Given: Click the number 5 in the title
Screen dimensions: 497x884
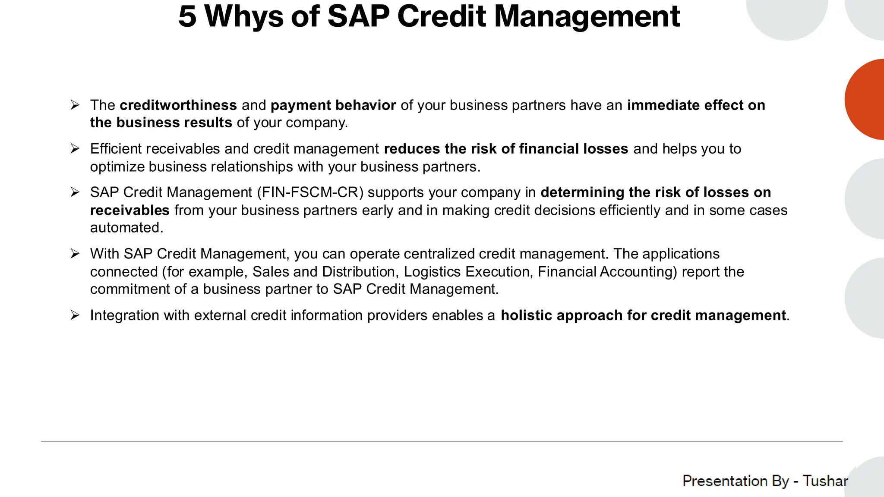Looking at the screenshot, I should tap(187, 17).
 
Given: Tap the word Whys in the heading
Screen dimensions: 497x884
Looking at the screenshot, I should tap(243, 17).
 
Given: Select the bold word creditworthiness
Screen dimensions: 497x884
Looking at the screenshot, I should tap(178, 105).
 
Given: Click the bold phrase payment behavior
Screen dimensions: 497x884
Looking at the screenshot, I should tap(333, 105).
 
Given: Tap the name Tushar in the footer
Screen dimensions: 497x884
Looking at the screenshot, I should tap(825, 481).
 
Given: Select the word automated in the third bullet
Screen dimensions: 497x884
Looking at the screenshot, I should tap(126, 228).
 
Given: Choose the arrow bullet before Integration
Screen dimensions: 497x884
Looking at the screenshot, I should tap(75, 315).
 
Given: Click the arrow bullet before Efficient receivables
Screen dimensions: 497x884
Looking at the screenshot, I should tap(75, 149).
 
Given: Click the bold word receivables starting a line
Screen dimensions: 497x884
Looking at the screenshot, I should tap(129, 211).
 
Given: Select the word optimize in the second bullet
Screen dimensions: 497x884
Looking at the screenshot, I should tap(117, 167).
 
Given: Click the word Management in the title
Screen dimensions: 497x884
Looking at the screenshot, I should tap(587, 17).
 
